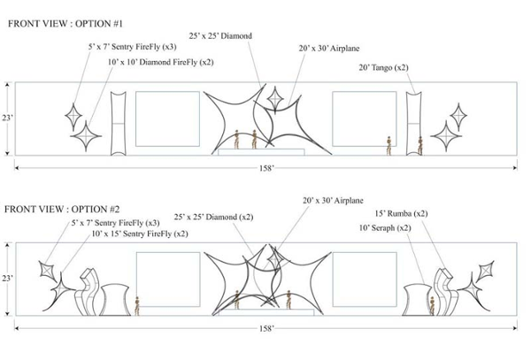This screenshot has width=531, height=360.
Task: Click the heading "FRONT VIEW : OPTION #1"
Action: click(x=65, y=24)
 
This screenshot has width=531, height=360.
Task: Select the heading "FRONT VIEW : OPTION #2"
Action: click(x=62, y=209)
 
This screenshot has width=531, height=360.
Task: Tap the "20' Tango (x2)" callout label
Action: click(x=384, y=68)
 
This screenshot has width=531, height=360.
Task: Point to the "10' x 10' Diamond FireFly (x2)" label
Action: click(x=161, y=62)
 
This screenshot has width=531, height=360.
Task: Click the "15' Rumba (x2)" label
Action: click(x=401, y=213)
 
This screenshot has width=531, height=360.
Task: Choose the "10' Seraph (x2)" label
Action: click(x=385, y=228)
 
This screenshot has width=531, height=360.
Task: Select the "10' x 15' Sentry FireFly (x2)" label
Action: click(x=140, y=234)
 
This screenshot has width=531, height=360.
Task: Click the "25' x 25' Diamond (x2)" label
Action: click(x=213, y=217)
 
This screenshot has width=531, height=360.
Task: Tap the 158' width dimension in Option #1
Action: click(x=266, y=168)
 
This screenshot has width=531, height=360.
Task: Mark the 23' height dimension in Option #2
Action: click(x=7, y=278)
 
